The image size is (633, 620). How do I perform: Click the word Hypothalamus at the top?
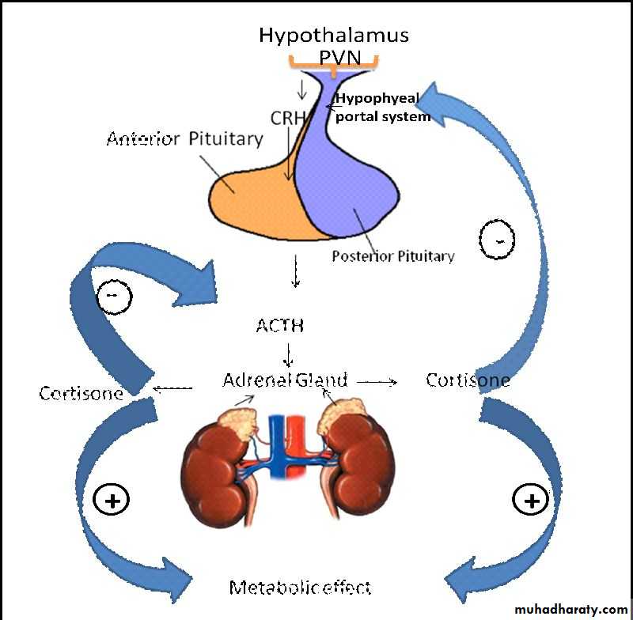tap(333, 35)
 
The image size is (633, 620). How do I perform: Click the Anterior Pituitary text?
tap(185, 139)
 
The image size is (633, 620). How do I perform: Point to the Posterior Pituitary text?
tap(392, 256)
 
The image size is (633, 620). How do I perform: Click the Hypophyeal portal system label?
tap(384, 108)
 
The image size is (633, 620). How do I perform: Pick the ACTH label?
tap(279, 325)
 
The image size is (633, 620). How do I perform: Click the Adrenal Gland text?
tap(285, 380)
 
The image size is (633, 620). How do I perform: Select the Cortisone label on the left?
tap(81, 393)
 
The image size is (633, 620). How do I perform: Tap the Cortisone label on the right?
tap(468, 380)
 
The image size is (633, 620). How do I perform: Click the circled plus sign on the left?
tap(112, 499)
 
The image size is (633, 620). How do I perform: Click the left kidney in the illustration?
tap(213, 474)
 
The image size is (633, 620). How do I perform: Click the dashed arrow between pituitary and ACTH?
tap(296, 271)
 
